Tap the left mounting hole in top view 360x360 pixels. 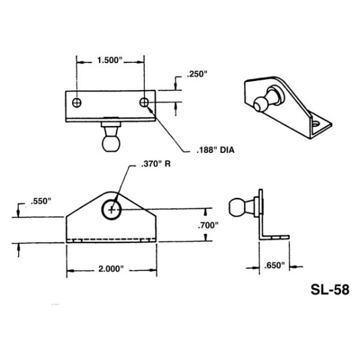coord(76,103)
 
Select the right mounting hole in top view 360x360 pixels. coord(144,103)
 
